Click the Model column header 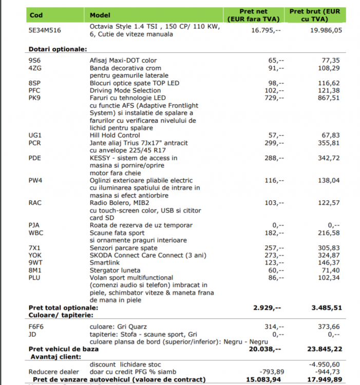tap(100, 15)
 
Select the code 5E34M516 tap(45, 30)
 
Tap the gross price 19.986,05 tap(322, 30)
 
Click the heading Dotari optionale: tap(57, 49)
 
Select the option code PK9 tap(35, 98)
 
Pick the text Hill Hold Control tap(116, 135)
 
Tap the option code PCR tap(35, 143)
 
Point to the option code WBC tap(36, 233)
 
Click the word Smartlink tap(105, 262)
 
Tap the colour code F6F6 tap(36, 326)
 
